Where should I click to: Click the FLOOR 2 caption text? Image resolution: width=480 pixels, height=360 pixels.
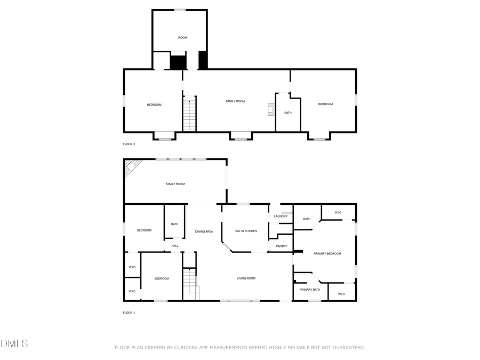tap(129, 145)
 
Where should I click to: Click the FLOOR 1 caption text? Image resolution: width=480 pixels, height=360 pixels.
tap(129, 313)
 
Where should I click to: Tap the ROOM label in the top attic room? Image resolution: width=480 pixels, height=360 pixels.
tap(182, 38)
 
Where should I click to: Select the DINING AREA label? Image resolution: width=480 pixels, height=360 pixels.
tap(204, 231)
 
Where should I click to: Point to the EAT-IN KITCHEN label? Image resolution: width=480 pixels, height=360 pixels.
tap(246, 231)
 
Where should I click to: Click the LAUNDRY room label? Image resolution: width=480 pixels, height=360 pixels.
tap(281, 216)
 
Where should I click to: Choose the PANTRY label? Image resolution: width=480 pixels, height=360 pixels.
tap(282, 246)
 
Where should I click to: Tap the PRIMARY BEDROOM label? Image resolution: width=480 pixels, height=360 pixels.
tap(327, 254)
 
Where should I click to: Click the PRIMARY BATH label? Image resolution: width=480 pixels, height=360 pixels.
tap(309, 290)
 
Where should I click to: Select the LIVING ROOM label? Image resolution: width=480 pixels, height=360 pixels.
tap(246, 278)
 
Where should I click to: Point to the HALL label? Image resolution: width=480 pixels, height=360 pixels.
tap(175, 246)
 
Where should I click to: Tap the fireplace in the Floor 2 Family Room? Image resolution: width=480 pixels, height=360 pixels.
tap(271, 109)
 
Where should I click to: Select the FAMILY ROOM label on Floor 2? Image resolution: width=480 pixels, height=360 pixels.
tap(235, 101)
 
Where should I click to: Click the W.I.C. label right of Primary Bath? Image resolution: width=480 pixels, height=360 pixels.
tap(341, 294)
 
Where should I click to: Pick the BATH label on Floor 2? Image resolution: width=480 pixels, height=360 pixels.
tap(288, 113)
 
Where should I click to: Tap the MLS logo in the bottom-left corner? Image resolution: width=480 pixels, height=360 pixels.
tap(14, 343)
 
